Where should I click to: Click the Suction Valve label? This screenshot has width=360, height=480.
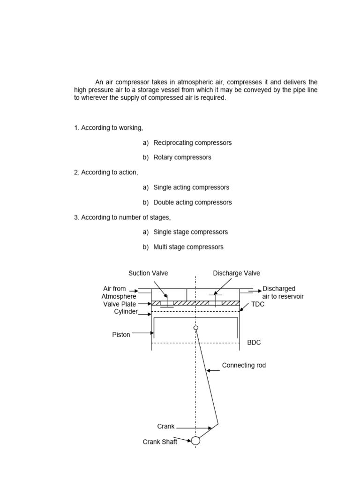148,273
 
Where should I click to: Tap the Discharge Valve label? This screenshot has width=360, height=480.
236,273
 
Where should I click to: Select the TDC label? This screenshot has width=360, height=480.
258,304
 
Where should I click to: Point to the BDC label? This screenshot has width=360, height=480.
254,343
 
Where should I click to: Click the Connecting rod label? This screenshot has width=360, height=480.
244,365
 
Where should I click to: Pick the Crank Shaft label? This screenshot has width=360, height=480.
160,442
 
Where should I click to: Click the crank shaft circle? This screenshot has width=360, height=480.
195,441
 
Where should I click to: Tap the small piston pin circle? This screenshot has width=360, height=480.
196,328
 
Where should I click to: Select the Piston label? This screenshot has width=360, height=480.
121,335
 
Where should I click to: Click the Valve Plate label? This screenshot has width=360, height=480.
120,304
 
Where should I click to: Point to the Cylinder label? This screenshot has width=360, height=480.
125,311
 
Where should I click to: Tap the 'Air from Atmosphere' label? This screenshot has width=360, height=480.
119,292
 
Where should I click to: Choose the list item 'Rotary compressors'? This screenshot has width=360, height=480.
182,157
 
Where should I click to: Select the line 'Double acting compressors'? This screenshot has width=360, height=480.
192,202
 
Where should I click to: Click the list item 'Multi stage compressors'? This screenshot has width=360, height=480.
188,247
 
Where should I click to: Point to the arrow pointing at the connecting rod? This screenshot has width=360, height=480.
213,370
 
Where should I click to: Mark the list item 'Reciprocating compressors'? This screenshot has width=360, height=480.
192,142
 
